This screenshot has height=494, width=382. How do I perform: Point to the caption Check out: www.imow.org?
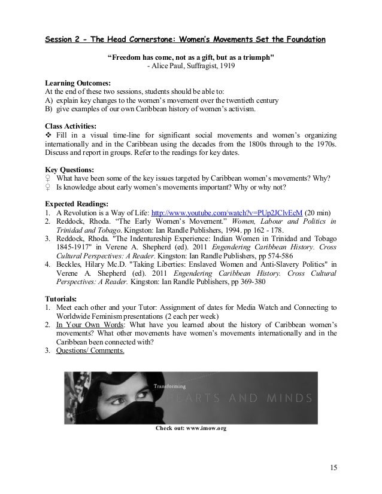coord(191,429)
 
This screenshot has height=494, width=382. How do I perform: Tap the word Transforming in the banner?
coord(169,386)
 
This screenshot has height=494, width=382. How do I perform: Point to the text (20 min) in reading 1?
coord(320,212)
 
